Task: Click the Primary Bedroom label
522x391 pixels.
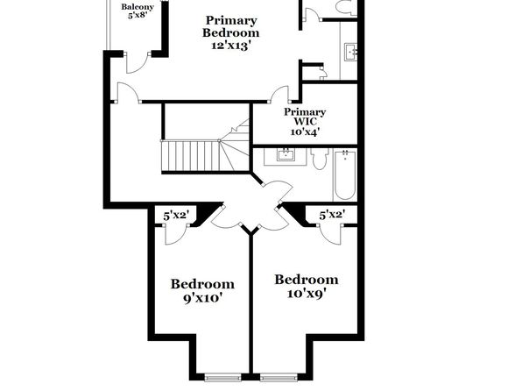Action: pos(230,26)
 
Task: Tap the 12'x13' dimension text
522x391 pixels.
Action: pos(230,46)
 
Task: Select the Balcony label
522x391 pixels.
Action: pos(138,7)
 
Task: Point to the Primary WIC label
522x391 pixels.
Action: pos(305,117)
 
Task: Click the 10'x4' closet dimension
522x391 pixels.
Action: pos(306,132)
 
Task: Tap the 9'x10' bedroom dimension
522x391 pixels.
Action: pos(202,298)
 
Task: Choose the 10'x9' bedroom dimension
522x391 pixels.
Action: pos(307,294)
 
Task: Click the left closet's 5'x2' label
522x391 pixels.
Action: pos(176,216)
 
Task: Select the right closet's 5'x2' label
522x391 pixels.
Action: pos(332,215)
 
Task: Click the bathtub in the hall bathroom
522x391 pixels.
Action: pos(345,175)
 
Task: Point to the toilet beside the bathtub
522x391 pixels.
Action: pos(320,159)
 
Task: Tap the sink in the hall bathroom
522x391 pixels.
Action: pos(286,155)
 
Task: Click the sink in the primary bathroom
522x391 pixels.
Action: pos(350,52)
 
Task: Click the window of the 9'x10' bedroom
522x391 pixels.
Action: pos(222,377)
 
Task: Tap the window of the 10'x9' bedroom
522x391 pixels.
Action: pos(279,377)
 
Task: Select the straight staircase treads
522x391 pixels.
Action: pos(190,156)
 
